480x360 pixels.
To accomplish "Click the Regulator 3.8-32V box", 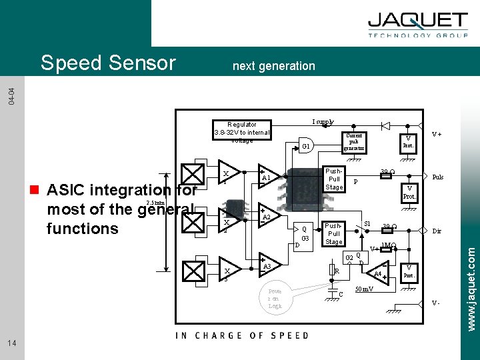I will (x=241, y=132).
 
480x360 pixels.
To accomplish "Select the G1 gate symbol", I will (x=306, y=146).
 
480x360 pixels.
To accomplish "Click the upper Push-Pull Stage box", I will (x=334, y=179).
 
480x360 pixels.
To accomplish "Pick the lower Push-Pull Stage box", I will (x=334, y=233).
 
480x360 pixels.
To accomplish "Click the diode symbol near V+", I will (x=385, y=125).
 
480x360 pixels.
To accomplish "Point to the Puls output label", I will (x=438, y=177).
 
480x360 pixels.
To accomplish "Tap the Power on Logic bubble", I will (x=275, y=299).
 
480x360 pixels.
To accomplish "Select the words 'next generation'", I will (x=273, y=65).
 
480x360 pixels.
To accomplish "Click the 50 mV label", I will (x=364, y=289).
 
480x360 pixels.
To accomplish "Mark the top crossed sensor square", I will (x=193, y=174).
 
